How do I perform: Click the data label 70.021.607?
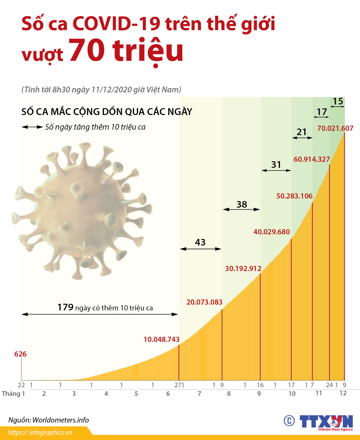[335, 128]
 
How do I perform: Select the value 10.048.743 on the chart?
[161, 339]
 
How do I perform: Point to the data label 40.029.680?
[272, 232]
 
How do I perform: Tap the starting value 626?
[20, 354]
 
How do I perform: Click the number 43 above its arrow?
[200, 242]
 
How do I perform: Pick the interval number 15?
[338, 101]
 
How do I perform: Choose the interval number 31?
[276, 165]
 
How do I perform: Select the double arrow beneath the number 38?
[241, 209]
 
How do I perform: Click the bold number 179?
[65, 307]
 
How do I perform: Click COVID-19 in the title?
[116, 24]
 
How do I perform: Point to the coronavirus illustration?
[82, 211]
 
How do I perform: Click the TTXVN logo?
[326, 422]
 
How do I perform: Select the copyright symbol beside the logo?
[289, 421]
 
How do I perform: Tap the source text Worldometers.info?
[61, 420]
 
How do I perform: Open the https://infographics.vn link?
[40, 433]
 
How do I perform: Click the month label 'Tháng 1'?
[13, 394]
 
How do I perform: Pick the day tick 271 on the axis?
[179, 385]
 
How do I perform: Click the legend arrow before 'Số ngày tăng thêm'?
[32, 127]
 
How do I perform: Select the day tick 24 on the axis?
[329, 385]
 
